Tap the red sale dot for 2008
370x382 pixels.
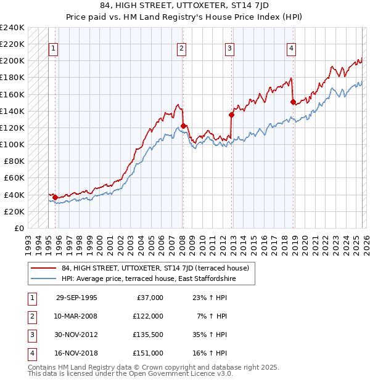coord(183,126)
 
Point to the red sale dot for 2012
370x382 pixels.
coord(231,115)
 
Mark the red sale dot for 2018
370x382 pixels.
coord(293,102)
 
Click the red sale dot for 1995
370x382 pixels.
coord(55,197)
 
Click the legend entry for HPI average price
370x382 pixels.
coord(148,279)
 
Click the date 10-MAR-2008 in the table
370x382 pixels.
coord(76,316)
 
